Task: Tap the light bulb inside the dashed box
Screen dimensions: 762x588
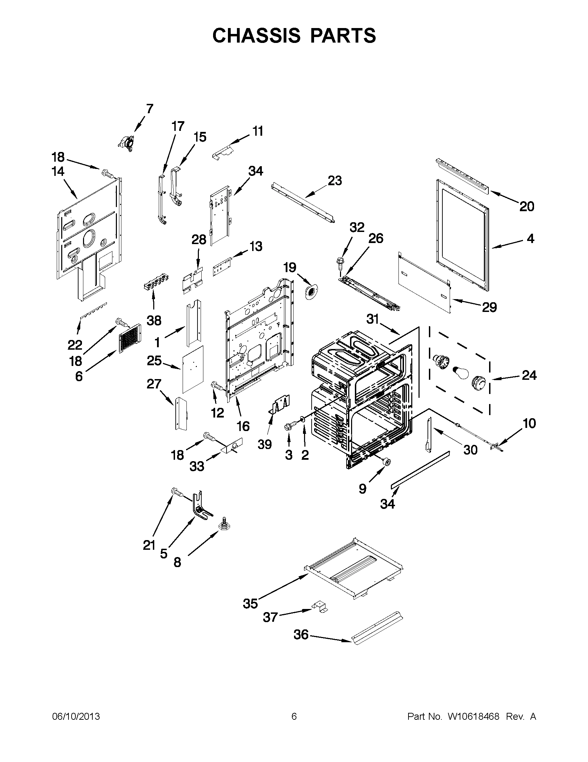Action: coord(460,373)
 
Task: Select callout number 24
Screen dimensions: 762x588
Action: coord(529,375)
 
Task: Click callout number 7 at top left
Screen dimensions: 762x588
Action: coord(149,109)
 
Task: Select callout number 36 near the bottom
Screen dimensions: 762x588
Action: coord(301,635)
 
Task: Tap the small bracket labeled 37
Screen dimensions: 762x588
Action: coord(320,607)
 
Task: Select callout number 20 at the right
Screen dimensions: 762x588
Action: coord(527,207)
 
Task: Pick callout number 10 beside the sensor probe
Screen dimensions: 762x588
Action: coord(529,423)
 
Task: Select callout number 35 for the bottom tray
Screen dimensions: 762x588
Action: coord(250,603)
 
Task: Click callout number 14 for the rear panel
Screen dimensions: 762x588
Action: coord(58,172)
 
